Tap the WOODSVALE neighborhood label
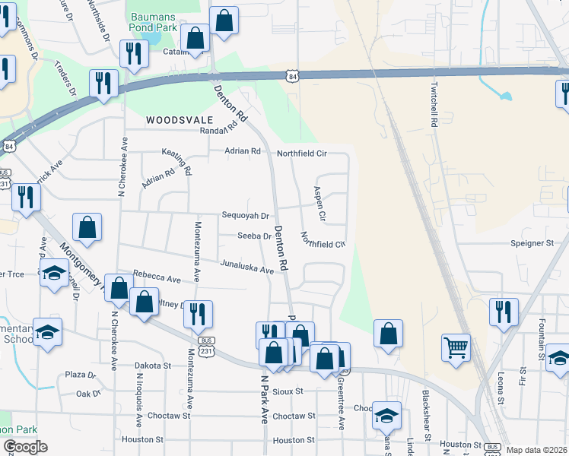180,120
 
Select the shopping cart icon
456,347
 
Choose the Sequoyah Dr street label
245,216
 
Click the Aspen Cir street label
320,204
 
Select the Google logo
25,447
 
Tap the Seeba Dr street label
254,236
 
